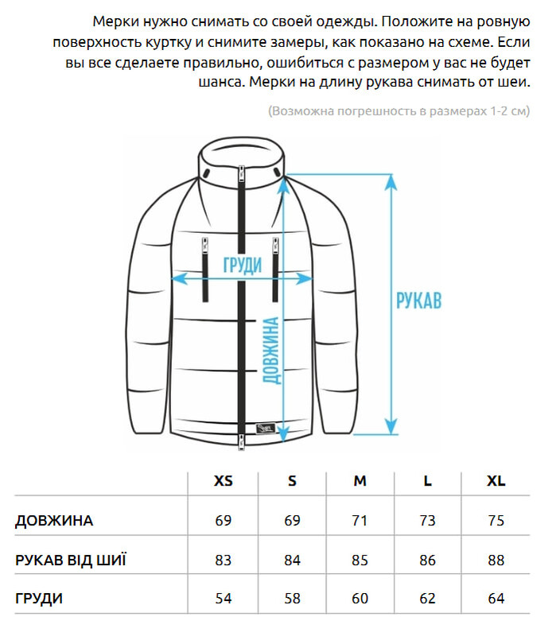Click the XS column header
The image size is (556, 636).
(224, 481)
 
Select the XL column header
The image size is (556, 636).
(496, 481)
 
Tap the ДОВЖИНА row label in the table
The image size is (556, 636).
(54, 522)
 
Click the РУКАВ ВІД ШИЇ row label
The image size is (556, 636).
(71, 560)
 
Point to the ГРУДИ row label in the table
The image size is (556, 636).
(39, 599)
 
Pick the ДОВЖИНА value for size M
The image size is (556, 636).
(360, 522)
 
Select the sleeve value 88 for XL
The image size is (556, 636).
(496, 560)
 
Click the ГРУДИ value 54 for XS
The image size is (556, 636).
(224, 599)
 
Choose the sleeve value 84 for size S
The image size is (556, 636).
(292, 560)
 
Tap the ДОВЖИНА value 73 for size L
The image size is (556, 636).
(428, 522)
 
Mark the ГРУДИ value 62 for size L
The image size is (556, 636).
(428, 599)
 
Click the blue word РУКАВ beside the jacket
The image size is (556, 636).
(418, 301)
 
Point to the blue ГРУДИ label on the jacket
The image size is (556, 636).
(242, 266)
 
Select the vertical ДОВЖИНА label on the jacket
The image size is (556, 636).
(270, 350)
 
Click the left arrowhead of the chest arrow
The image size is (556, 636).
(179, 278)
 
